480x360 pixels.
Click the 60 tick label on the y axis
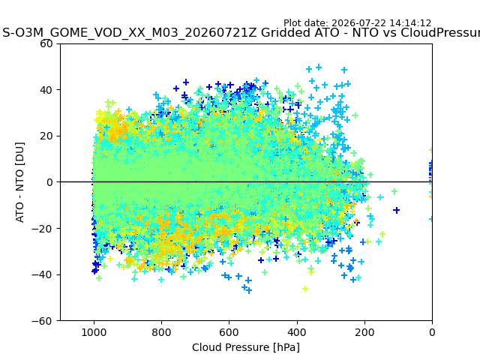46,43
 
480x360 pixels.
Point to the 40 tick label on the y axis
46,90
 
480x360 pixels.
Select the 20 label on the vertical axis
46,136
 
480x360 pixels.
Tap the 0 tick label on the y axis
49,182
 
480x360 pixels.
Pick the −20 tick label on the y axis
42,229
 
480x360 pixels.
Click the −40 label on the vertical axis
42,275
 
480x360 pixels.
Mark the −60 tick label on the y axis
42,321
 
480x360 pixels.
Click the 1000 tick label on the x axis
94,332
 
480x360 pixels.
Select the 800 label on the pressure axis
162,332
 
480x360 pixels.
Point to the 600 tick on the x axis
229,332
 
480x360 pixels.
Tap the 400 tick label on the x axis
297,332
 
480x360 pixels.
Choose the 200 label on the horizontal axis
364,332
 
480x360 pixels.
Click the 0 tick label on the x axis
432,332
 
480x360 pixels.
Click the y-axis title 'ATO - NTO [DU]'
19,182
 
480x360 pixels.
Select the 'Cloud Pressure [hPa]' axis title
246,347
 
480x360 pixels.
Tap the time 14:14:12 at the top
410,23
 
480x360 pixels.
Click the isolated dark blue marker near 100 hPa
397,210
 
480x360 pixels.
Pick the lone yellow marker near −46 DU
305,289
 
